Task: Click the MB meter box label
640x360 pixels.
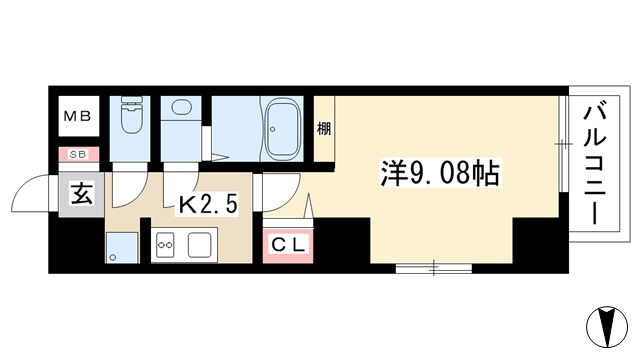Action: pyautogui.click(x=78, y=117)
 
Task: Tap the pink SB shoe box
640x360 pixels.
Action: pyautogui.click(x=79, y=154)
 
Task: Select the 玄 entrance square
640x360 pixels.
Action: pyautogui.click(x=82, y=194)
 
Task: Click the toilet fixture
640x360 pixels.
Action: pyautogui.click(x=131, y=115)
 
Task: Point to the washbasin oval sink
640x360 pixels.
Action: pyautogui.click(x=182, y=107)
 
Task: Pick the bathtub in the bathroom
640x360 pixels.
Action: pyautogui.click(x=283, y=129)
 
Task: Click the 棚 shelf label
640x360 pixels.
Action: pyautogui.click(x=324, y=129)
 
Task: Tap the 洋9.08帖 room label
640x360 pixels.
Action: pyautogui.click(x=440, y=173)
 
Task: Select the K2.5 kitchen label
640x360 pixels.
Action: pyautogui.click(x=207, y=204)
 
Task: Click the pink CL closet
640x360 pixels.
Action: pyautogui.click(x=288, y=245)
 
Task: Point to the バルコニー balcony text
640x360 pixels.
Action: pyautogui.click(x=594, y=164)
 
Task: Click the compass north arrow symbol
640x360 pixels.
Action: pyautogui.click(x=607, y=327)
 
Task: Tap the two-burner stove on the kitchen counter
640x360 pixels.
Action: pyautogui.click(x=166, y=245)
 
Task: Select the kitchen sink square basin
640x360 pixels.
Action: pyautogui.click(x=200, y=245)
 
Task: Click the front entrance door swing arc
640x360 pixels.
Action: pyautogui.click(x=29, y=193)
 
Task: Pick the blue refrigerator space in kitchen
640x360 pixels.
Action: pyautogui.click(x=122, y=248)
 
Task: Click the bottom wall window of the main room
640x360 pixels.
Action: pyautogui.click(x=434, y=269)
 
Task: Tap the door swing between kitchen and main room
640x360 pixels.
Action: pyautogui.click(x=282, y=193)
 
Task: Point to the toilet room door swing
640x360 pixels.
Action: pyautogui.click(x=129, y=189)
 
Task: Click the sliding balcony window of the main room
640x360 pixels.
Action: pyautogui.click(x=563, y=144)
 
